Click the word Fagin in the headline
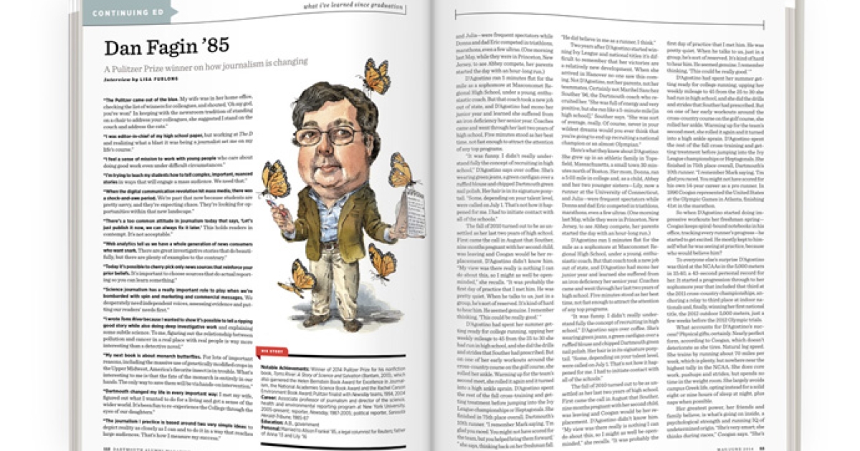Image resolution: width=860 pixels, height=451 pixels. tap(163, 48)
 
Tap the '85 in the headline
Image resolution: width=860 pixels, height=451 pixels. tap(211, 48)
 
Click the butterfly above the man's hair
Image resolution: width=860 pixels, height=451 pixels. tap(375, 74)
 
